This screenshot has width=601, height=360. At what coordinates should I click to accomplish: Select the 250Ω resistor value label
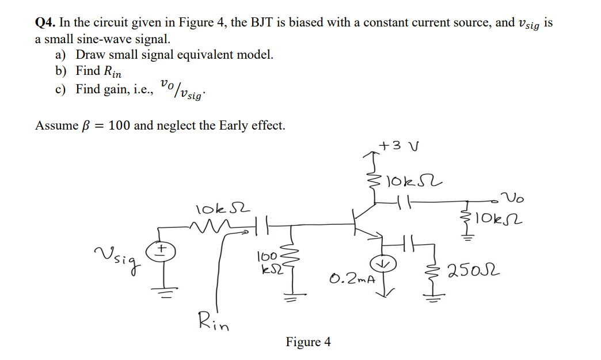pyautogui.click(x=474, y=268)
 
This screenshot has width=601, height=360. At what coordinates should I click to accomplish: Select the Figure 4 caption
pyautogui.click(x=308, y=342)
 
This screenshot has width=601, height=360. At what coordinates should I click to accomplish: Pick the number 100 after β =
pyautogui.click(x=117, y=125)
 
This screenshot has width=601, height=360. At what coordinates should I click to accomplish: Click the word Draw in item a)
pyautogui.click(x=89, y=55)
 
